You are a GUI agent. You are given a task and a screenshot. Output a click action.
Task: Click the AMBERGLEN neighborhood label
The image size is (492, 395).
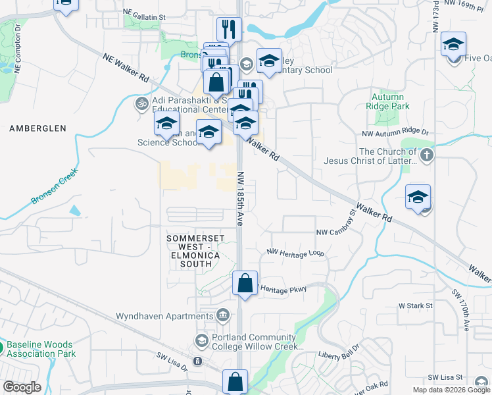click(38, 129)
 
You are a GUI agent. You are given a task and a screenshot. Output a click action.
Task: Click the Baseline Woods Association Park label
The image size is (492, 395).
click(41, 349)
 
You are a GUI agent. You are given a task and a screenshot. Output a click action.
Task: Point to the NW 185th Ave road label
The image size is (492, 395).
click(241, 199)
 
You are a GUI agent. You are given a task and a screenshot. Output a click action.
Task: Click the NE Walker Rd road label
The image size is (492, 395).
click(125, 68)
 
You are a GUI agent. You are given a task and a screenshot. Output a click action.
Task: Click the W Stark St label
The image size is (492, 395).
click(415, 305)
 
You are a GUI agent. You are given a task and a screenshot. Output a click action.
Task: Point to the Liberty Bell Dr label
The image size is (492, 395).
click(339, 352)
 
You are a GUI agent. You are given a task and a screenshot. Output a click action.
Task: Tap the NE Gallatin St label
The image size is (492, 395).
click(144, 13)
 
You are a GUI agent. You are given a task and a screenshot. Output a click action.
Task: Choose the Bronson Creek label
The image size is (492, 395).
click(54, 186)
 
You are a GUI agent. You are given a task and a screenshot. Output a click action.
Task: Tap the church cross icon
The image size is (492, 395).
click(427, 156)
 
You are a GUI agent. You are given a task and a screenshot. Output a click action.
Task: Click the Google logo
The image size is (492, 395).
click(22, 387)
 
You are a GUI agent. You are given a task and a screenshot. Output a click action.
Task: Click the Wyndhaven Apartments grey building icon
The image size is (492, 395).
click(222, 315)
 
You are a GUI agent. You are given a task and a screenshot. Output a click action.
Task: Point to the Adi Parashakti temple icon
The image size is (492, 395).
click(141, 104)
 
